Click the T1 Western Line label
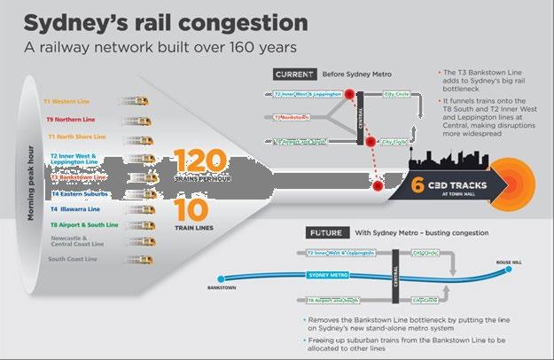point(73,101)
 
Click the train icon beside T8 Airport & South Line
point(137,225)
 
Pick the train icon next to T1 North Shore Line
point(137,137)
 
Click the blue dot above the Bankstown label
point(218,277)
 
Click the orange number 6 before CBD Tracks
point(417,186)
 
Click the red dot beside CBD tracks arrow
point(378,186)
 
